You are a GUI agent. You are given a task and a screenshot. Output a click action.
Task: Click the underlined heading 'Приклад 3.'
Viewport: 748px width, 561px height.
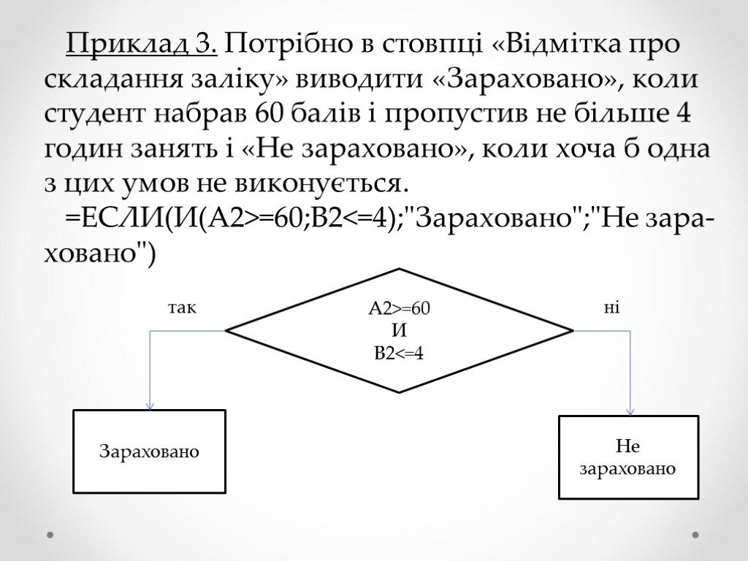pos(142,45)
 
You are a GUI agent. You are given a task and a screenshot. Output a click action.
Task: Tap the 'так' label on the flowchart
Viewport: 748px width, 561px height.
pos(183,308)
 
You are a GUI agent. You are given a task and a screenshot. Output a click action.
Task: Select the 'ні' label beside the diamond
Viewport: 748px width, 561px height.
pos(611,308)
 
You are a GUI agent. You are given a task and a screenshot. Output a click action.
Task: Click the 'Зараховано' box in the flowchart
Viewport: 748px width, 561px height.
pos(149,451)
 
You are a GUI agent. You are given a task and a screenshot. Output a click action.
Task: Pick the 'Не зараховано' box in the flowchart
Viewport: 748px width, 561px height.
pos(628,457)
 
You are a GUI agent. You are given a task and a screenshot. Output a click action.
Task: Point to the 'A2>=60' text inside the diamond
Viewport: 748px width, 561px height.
pos(399,309)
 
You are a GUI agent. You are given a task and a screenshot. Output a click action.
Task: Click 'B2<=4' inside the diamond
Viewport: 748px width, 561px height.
pos(399,354)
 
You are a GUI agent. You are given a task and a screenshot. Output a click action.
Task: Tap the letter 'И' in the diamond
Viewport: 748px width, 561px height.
pos(399,331)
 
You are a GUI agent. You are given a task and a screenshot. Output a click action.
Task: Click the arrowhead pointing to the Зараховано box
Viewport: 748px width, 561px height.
pos(150,405)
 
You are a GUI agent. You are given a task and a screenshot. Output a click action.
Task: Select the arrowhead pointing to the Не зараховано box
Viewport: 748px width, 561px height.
pos(630,411)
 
